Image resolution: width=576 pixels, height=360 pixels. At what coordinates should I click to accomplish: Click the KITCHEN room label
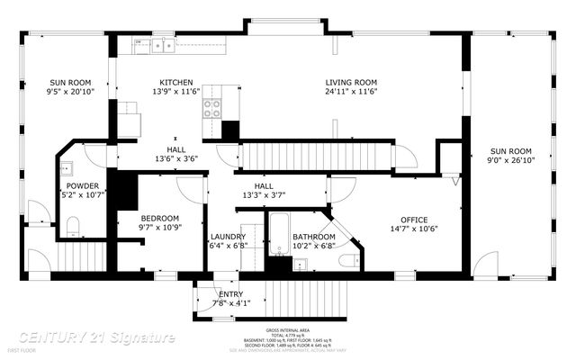pyautogui.click(x=176, y=82)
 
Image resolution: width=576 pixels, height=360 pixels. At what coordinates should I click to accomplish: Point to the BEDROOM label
pyautogui.click(x=159, y=218)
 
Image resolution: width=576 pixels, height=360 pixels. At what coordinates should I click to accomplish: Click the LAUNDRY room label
pyautogui.click(x=229, y=237)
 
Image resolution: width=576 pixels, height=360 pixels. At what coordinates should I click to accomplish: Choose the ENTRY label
pyautogui.click(x=230, y=294)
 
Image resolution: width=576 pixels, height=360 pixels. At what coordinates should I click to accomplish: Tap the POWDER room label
pyautogui.click(x=81, y=185)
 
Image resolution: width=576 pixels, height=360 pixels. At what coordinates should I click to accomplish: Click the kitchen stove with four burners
pyautogui.click(x=213, y=108)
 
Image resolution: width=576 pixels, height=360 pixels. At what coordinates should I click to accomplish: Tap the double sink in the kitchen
pyautogui.click(x=163, y=44)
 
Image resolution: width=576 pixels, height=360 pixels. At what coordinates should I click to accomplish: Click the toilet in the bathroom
pyautogui.click(x=350, y=260)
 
